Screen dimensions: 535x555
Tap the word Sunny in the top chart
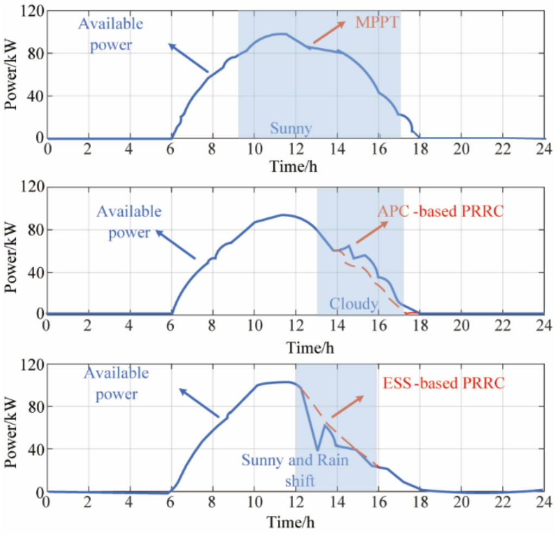pos(291,129)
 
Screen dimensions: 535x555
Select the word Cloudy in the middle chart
pos(353,304)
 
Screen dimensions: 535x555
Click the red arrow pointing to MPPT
pos(329,33)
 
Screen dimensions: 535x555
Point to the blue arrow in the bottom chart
pos(199,403)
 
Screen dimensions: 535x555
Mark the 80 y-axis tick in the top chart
pos(35,54)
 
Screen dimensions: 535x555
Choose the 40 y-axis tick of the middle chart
pos(35,272)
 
